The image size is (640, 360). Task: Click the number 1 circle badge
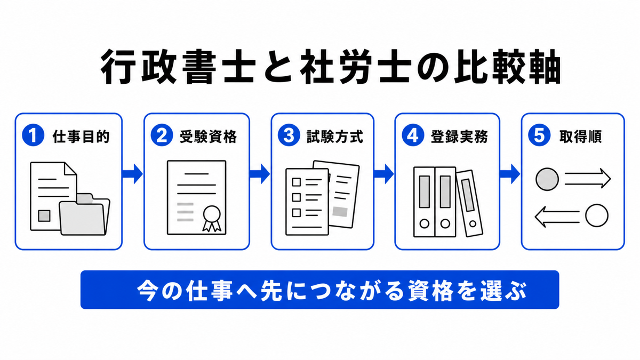33,135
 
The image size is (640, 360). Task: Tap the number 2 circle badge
162,135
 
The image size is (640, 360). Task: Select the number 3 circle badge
289,135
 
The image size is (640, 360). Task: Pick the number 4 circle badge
413,135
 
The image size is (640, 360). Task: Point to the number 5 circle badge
539,135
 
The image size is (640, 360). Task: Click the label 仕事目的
81,137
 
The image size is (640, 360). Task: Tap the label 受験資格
209,137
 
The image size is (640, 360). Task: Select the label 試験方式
335,137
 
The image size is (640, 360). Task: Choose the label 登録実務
459,137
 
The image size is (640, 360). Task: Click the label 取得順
581,137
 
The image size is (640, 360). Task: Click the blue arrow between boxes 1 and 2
133,174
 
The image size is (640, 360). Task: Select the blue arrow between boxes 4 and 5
510,174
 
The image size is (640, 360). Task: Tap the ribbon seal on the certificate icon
212,218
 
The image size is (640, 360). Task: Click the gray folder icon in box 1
84,215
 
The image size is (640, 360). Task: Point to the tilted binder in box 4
469,203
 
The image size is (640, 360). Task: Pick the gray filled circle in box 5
547,179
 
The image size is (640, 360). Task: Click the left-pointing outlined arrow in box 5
557,217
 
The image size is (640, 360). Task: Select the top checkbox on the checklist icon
297,182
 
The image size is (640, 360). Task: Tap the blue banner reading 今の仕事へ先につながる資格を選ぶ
319,290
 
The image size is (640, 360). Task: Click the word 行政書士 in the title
178,67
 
